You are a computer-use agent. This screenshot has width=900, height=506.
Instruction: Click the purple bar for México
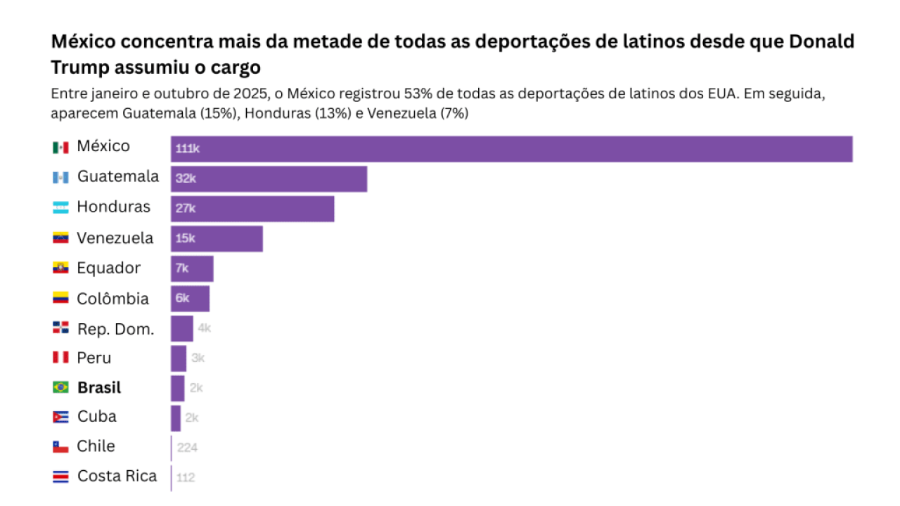pyautogui.click(x=511, y=149)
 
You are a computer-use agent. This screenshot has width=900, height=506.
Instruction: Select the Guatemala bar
pyautogui.click(x=269, y=179)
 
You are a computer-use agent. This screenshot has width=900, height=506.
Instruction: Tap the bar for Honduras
pyautogui.click(x=252, y=209)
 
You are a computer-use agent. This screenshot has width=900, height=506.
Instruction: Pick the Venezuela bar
pyautogui.click(x=217, y=239)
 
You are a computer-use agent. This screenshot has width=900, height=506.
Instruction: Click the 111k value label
pyautogui.click(x=188, y=149)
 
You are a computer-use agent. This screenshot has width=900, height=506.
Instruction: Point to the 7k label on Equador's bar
pyautogui.click(x=182, y=268)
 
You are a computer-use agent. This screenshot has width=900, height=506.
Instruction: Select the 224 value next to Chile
pyautogui.click(x=187, y=447)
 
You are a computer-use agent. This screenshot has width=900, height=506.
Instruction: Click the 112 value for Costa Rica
pyautogui.click(x=186, y=477)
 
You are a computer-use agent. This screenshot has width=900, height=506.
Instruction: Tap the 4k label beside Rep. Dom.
pyautogui.click(x=204, y=328)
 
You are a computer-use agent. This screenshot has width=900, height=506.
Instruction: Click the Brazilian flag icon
pyautogui.click(x=60, y=387)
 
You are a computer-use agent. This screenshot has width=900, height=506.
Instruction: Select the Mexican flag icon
pyautogui.click(x=60, y=147)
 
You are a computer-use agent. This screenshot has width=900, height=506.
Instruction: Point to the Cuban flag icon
pyautogui.click(x=60, y=417)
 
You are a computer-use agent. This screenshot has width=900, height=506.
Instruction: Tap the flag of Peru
pyautogui.click(x=60, y=358)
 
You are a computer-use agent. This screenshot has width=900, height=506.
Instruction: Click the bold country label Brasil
pyautogui.click(x=99, y=387)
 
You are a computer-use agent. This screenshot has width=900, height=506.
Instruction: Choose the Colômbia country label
pyautogui.click(x=112, y=299)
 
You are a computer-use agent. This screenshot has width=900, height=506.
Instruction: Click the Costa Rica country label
pyautogui.click(x=117, y=476)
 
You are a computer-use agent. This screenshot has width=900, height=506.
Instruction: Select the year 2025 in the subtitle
pyautogui.click(x=244, y=94)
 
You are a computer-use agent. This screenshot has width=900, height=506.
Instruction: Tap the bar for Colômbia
pyautogui.click(x=190, y=299)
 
